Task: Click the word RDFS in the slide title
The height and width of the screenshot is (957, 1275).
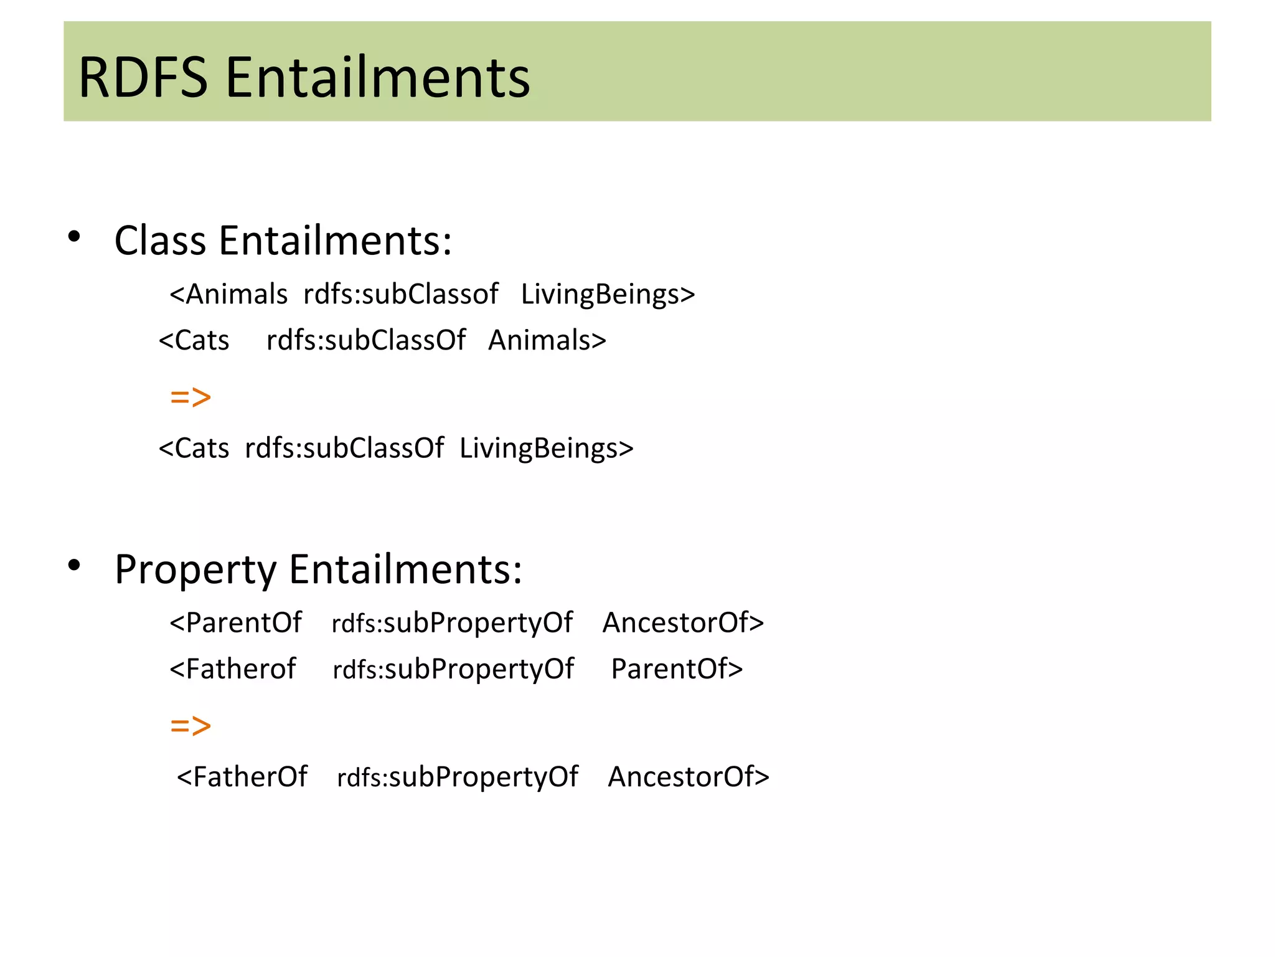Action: pos(143,78)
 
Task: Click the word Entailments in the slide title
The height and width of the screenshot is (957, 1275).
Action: pos(377,78)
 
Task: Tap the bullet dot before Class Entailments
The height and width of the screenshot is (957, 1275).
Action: pos(74,237)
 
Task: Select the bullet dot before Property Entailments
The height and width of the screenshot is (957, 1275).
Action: pos(74,565)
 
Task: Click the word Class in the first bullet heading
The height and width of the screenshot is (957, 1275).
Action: pos(160,240)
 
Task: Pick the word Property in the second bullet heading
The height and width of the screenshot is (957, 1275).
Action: pos(195,570)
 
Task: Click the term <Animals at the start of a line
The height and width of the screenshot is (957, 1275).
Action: pos(228,294)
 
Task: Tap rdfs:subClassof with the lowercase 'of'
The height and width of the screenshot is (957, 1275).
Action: pos(401,294)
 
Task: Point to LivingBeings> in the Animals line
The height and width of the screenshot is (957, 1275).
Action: pos(608,294)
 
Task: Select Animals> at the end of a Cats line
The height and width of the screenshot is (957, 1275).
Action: pos(547,340)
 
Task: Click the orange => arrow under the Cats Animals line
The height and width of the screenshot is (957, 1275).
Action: pos(191,397)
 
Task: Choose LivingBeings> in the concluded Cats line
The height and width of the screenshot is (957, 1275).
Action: pos(547,449)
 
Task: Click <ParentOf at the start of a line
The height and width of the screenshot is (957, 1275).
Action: pos(235,622)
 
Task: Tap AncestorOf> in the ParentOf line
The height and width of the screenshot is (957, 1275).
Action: pos(683,622)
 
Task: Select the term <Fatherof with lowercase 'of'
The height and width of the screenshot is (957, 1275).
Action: pos(233,669)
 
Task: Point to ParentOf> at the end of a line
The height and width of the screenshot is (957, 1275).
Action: pos(677,669)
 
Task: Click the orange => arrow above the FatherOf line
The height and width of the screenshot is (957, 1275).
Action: pos(191,726)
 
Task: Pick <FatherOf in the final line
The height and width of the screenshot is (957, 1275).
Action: pos(242,777)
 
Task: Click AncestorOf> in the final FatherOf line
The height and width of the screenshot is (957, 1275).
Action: pos(689,777)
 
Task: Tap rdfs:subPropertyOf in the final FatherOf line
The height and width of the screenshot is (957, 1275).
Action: pos(458,777)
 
